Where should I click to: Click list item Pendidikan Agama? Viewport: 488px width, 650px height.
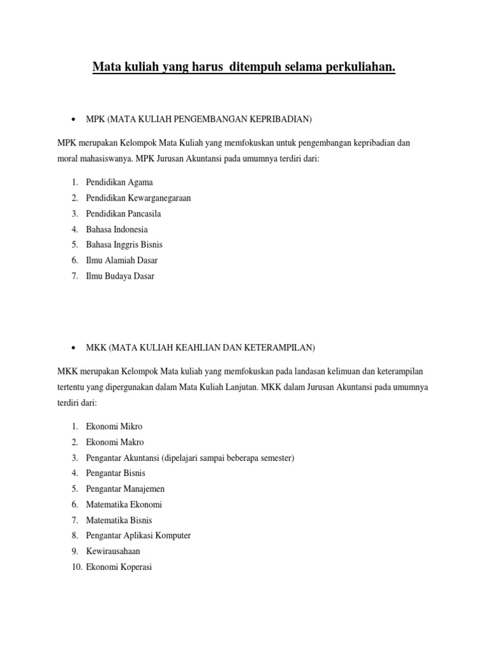(119, 182)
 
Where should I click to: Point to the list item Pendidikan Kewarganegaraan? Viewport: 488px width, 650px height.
(139, 198)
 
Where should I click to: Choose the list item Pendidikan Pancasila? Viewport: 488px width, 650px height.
(124, 213)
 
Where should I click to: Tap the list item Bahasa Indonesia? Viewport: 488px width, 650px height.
(117, 229)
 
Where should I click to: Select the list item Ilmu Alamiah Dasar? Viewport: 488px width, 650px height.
(122, 260)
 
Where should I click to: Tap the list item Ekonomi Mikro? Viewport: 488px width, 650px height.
(114, 427)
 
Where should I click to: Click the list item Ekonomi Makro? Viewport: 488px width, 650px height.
(115, 442)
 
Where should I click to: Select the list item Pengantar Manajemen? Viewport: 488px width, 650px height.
(125, 489)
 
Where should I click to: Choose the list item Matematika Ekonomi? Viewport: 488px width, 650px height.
(124, 505)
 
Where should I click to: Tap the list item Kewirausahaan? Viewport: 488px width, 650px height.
(113, 551)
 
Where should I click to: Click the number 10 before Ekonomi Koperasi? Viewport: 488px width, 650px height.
(76, 567)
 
